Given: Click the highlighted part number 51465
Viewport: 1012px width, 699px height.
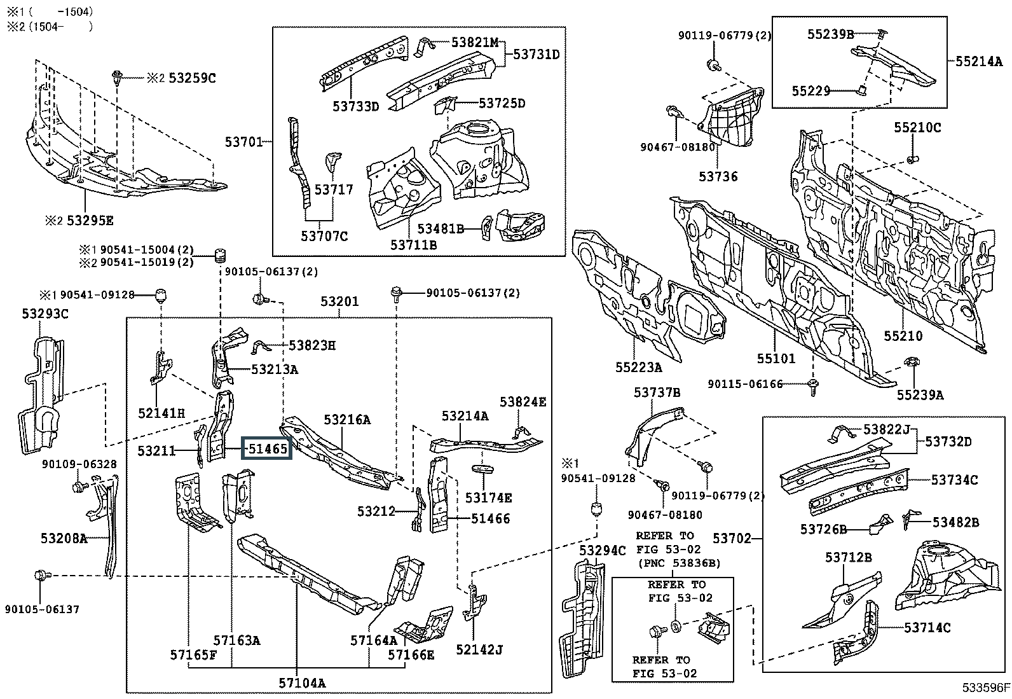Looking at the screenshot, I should [x=267, y=449].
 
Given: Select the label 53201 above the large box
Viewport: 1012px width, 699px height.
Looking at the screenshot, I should [x=339, y=301].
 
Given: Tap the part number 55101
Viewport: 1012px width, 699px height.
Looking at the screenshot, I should [x=776, y=359].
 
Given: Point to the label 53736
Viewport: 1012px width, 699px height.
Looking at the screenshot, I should [x=718, y=177].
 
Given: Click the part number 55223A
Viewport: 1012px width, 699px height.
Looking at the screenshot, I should [x=638, y=367].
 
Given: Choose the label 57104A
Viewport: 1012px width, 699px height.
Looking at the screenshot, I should [x=302, y=683].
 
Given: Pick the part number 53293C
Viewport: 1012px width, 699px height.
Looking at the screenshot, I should [x=45, y=314].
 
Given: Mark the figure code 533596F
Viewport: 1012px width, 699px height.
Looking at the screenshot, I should [x=985, y=688].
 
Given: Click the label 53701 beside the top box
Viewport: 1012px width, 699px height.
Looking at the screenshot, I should [x=243, y=141].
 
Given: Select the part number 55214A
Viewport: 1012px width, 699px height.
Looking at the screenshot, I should [x=979, y=62].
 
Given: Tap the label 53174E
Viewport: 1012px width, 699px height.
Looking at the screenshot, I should [x=488, y=498].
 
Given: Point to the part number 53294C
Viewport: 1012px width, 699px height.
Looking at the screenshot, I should [x=602, y=550].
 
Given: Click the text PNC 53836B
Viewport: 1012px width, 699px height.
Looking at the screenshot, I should [x=679, y=564].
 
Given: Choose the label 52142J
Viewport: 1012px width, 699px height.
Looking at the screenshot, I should [x=479, y=649].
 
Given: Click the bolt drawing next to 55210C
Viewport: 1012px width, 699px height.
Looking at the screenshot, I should [x=912, y=158].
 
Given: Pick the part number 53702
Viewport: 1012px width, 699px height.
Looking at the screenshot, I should [x=732, y=539].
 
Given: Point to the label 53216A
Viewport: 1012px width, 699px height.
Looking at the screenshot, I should [x=347, y=420].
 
